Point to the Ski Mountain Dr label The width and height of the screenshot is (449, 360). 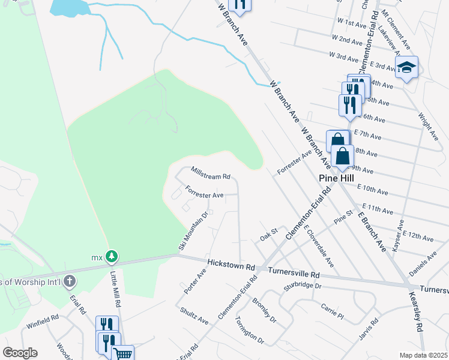193,232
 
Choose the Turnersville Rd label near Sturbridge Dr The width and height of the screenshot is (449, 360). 294,273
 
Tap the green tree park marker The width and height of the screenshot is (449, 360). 112,257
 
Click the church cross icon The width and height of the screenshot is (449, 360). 70,281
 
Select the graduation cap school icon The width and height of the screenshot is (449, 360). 406,67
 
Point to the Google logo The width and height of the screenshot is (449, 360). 20,353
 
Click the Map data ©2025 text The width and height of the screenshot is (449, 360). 423,355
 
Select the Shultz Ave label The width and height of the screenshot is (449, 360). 194,316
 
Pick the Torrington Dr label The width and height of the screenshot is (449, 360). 250,329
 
